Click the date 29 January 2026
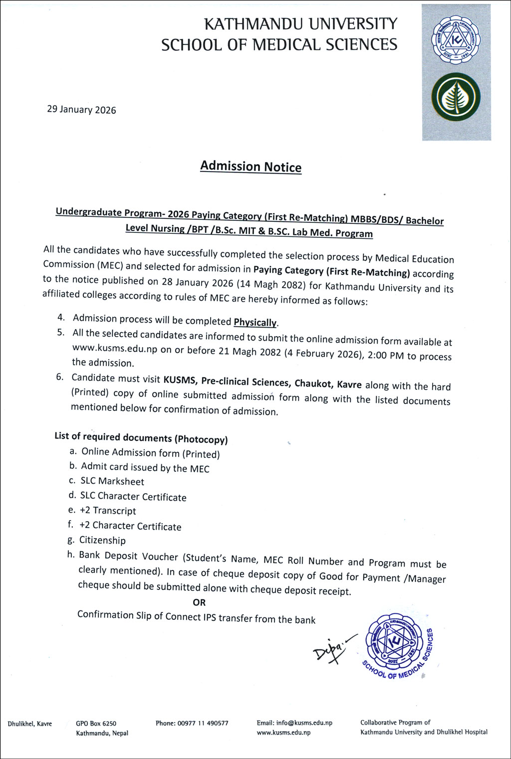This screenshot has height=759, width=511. pyautogui.click(x=81, y=110)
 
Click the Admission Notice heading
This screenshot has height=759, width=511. pyautogui.click(x=251, y=167)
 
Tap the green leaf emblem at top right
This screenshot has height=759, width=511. pyautogui.click(x=456, y=98)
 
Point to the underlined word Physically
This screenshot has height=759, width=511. pyautogui.click(x=255, y=322)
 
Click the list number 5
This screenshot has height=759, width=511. pyautogui.click(x=61, y=333)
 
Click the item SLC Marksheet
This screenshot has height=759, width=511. pyautogui.click(x=112, y=481)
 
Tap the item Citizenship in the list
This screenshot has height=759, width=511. pyautogui.click(x=102, y=540)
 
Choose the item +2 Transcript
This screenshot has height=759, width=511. pyautogui.click(x=108, y=511)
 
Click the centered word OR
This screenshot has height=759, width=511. pyautogui.click(x=199, y=602)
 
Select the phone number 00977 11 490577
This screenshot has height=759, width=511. pyautogui.click(x=203, y=723)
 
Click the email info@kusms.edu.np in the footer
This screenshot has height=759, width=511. pyautogui.click(x=304, y=723)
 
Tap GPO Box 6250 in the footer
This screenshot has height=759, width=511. pyautogui.click(x=96, y=723)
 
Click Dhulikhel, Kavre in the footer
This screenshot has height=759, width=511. pyautogui.click(x=29, y=724)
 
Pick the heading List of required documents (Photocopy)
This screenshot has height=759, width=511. pyautogui.click(x=141, y=438)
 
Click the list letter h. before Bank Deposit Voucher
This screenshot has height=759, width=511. pyautogui.click(x=70, y=554)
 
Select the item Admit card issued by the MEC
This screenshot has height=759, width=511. pyautogui.click(x=145, y=468)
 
